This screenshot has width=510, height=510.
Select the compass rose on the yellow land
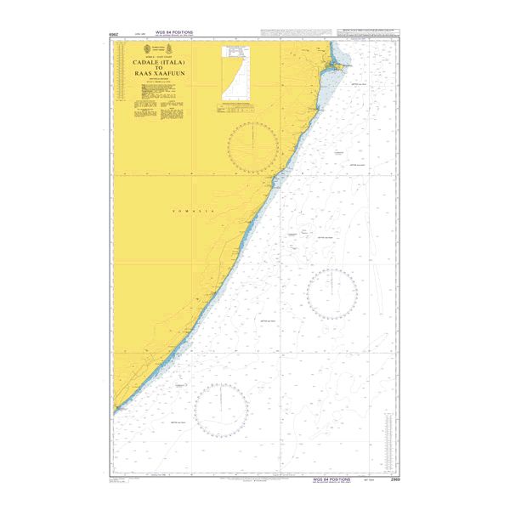coord(252,148)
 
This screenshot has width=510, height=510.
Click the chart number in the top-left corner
coord(113,36)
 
